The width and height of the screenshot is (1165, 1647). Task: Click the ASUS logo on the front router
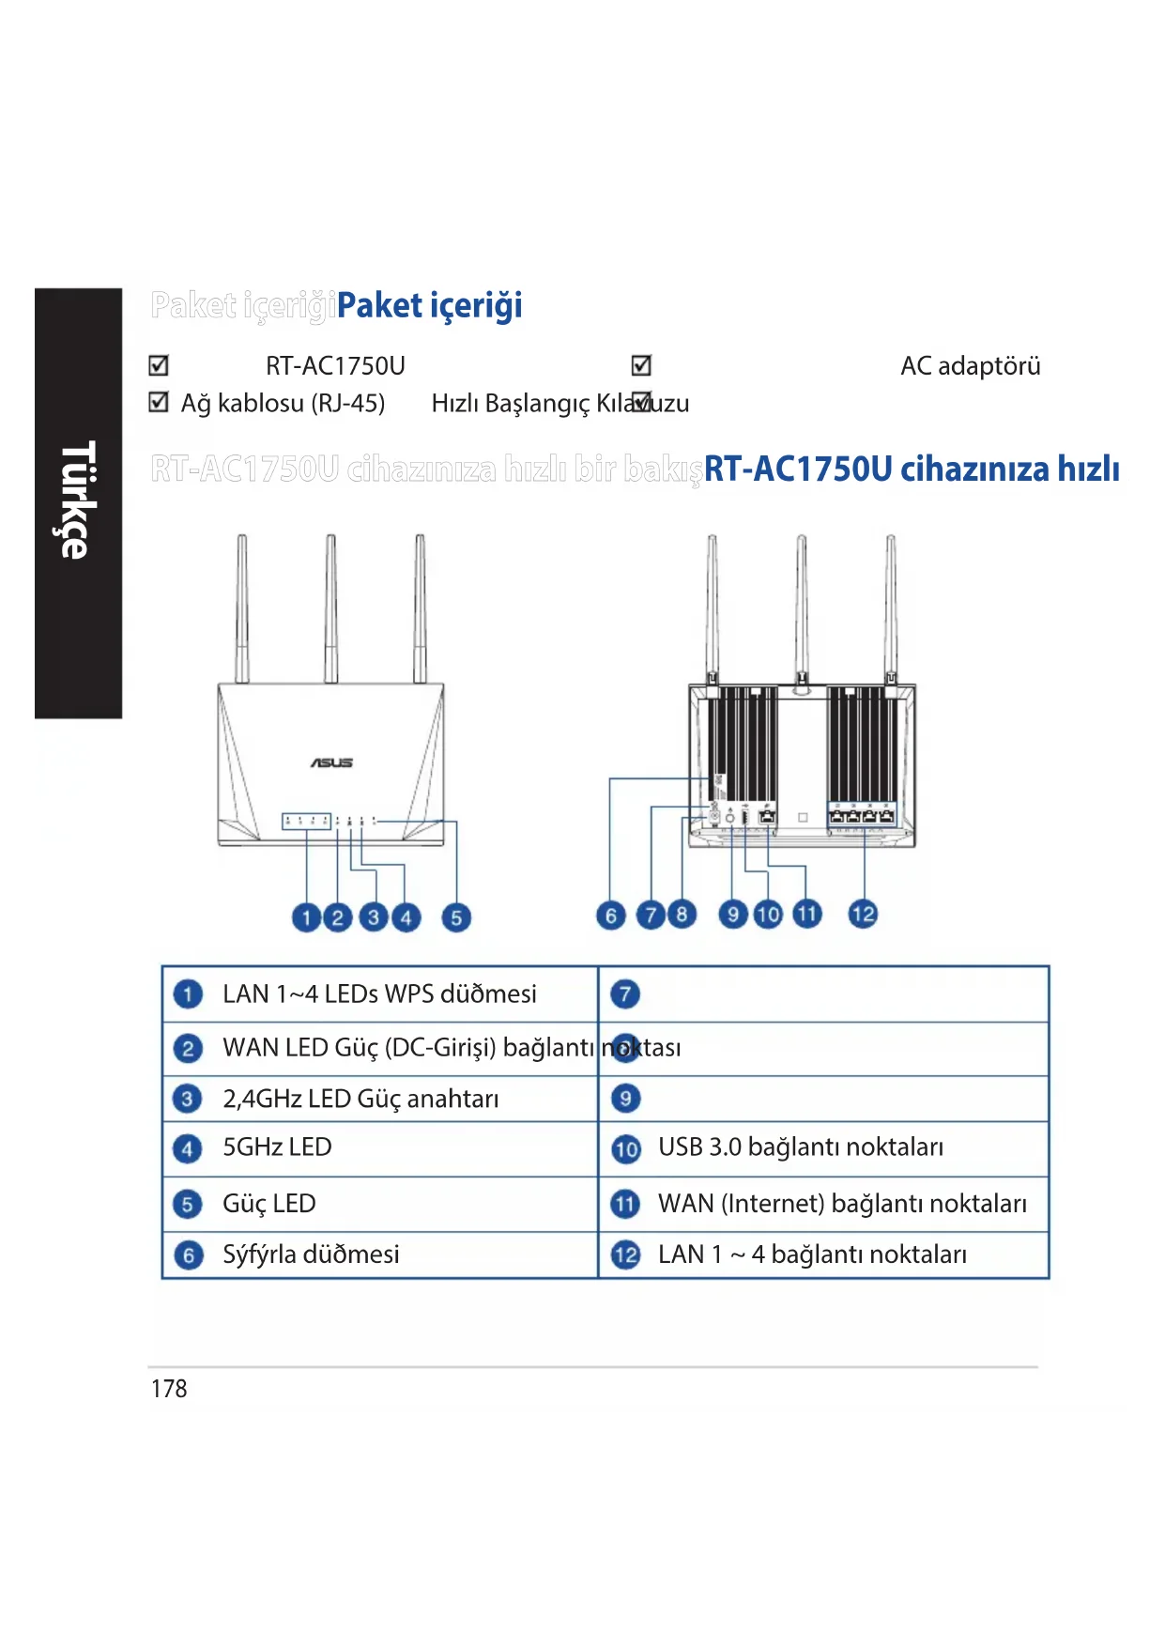[331, 762]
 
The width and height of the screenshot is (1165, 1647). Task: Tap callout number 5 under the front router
[455, 917]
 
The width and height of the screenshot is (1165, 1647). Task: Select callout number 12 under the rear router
[863, 914]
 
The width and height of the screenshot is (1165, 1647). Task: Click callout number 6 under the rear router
[611, 915]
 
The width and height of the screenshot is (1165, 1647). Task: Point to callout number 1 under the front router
[306, 917]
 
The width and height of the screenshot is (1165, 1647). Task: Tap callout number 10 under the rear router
[768, 915]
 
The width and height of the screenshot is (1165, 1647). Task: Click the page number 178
[169, 1389]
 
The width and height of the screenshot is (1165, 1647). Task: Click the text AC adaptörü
[970, 366]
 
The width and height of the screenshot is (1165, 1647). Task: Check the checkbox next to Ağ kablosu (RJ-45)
[159, 403]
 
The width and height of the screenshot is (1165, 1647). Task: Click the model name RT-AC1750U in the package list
[335, 366]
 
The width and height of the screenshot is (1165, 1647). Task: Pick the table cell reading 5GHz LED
[277, 1147]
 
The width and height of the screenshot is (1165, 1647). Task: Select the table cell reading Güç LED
[268, 1204]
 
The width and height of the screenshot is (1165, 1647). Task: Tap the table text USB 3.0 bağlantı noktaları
[801, 1147]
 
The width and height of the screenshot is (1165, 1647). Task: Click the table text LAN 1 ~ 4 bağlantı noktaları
[812, 1254]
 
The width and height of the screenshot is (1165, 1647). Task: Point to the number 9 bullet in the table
[626, 1098]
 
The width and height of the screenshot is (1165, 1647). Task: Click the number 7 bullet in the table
[626, 993]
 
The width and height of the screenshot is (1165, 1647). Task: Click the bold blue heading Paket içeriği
[429, 305]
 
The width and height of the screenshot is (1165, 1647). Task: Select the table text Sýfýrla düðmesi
[311, 1254]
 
